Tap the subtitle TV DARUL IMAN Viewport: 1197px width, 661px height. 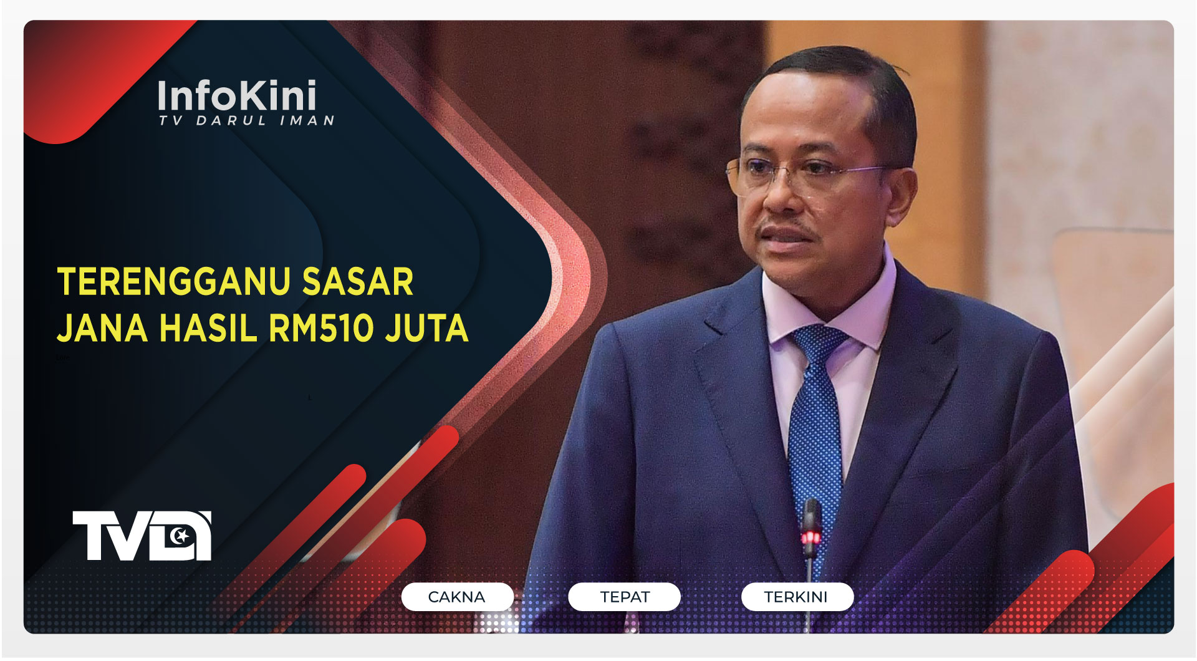click(246, 120)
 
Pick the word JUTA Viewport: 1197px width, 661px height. click(426, 328)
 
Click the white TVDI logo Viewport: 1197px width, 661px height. click(142, 536)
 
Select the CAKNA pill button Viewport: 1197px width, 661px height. click(457, 597)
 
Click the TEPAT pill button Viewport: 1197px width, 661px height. click(624, 597)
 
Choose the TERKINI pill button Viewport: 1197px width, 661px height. click(796, 597)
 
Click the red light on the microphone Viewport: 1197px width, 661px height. click(810, 537)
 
